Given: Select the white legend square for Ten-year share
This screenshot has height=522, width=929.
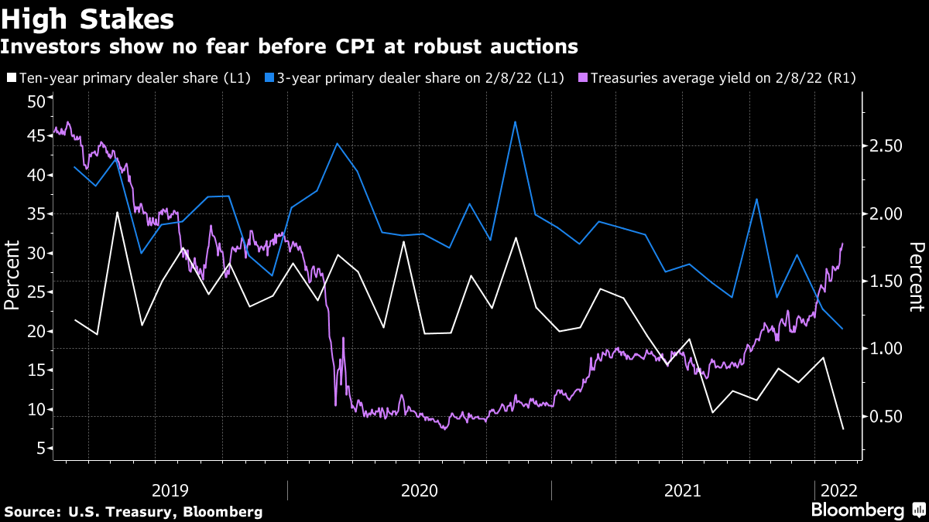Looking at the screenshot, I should [12, 77].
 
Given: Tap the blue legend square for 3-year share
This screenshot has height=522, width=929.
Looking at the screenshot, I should [270, 77].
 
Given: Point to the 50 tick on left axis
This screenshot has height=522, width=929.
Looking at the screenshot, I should [35, 101].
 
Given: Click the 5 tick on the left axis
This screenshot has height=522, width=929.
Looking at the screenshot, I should [40, 449].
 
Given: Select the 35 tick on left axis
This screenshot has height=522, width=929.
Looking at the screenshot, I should [35, 214].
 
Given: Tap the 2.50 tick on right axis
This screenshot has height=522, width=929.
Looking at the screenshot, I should [885, 146].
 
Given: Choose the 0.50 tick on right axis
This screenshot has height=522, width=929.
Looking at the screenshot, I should [885, 417].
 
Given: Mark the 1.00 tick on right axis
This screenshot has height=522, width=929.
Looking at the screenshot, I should [885, 349].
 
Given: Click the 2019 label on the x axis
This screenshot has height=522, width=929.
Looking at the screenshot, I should [171, 490].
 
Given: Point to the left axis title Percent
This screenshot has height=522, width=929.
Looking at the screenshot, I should [12, 275].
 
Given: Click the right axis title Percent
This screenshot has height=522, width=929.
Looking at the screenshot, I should [917, 276].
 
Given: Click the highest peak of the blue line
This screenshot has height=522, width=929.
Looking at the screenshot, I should [515, 121].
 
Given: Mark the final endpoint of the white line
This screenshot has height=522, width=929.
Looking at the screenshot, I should [842, 428].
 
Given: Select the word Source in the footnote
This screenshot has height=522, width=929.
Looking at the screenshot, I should [30, 512].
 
